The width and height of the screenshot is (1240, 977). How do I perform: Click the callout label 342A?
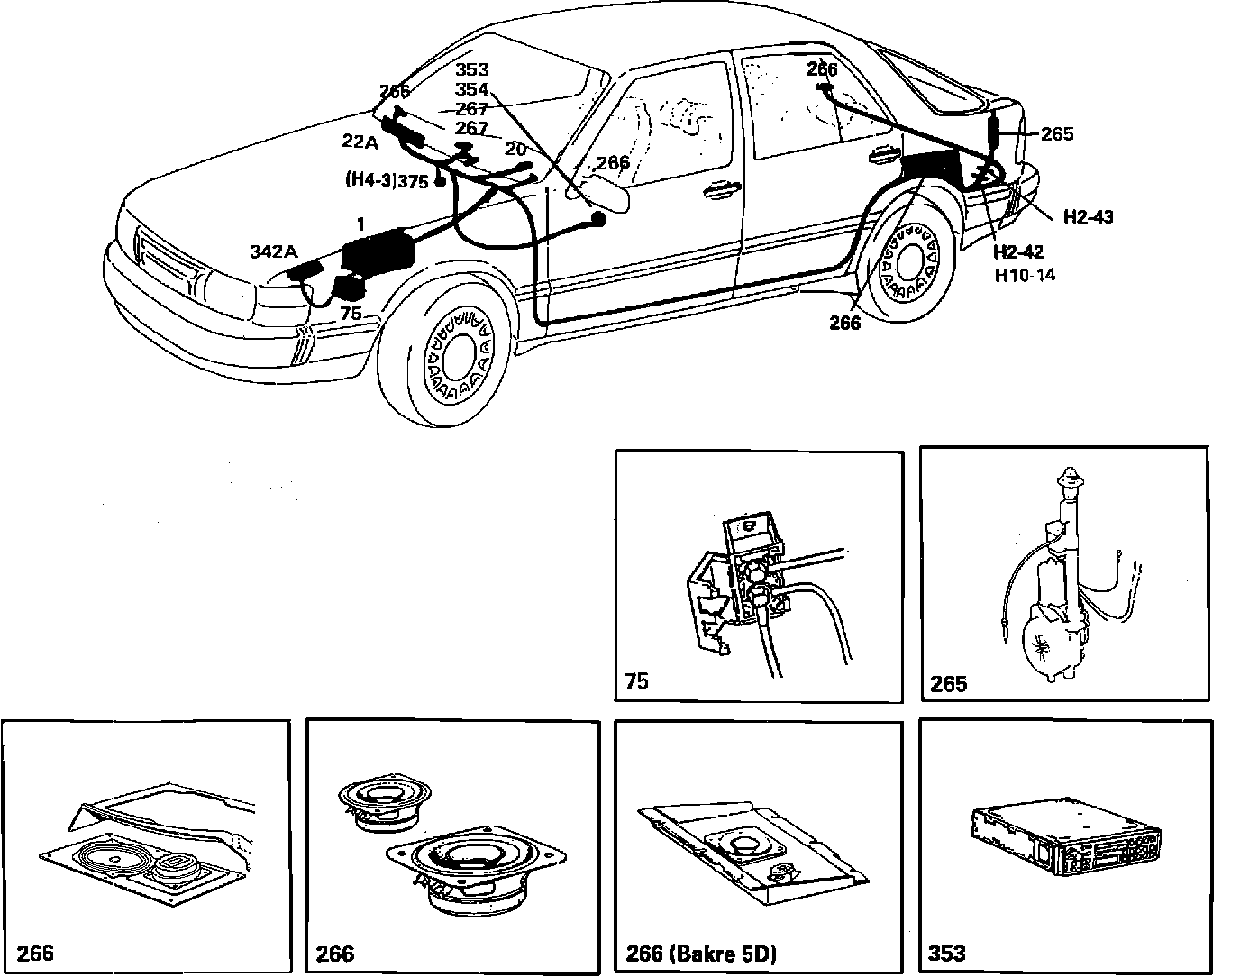tap(273, 252)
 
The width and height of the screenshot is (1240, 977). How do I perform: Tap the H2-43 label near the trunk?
tap(1088, 217)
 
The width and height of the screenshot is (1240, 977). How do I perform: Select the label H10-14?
tap(1025, 275)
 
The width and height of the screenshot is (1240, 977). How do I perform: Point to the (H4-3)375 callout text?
tap(387, 180)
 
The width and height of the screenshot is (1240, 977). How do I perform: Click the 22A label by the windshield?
tap(360, 141)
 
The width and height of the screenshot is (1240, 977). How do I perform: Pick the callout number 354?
tap(471, 89)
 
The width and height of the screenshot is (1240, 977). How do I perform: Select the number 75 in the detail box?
tap(635, 681)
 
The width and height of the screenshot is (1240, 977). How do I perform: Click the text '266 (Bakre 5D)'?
tap(700, 953)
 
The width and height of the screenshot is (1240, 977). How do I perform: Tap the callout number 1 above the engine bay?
tap(360, 223)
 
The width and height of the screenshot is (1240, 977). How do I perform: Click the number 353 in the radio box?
tap(947, 953)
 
